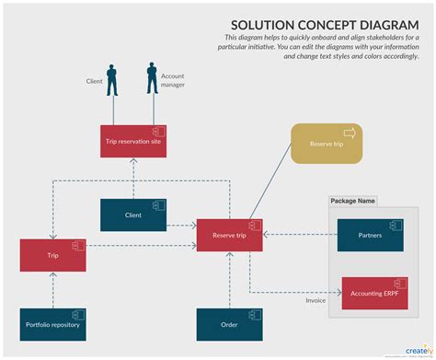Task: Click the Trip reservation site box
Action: click(x=133, y=141)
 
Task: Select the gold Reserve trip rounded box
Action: click(x=327, y=144)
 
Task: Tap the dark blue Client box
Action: click(x=133, y=215)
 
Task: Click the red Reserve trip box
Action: click(x=230, y=235)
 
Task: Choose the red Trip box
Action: click(x=53, y=254)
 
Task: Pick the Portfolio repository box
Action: click(x=53, y=324)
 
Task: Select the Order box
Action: click(x=230, y=324)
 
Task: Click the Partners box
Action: click(x=371, y=235)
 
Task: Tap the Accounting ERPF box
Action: click(x=371, y=293)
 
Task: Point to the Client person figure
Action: click(x=112, y=79)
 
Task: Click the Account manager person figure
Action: click(x=151, y=77)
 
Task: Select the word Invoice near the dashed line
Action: click(x=316, y=300)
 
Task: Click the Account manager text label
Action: click(x=173, y=80)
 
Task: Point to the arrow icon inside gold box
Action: click(x=349, y=132)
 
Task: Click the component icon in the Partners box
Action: click(x=394, y=225)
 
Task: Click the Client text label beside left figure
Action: click(x=94, y=81)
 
